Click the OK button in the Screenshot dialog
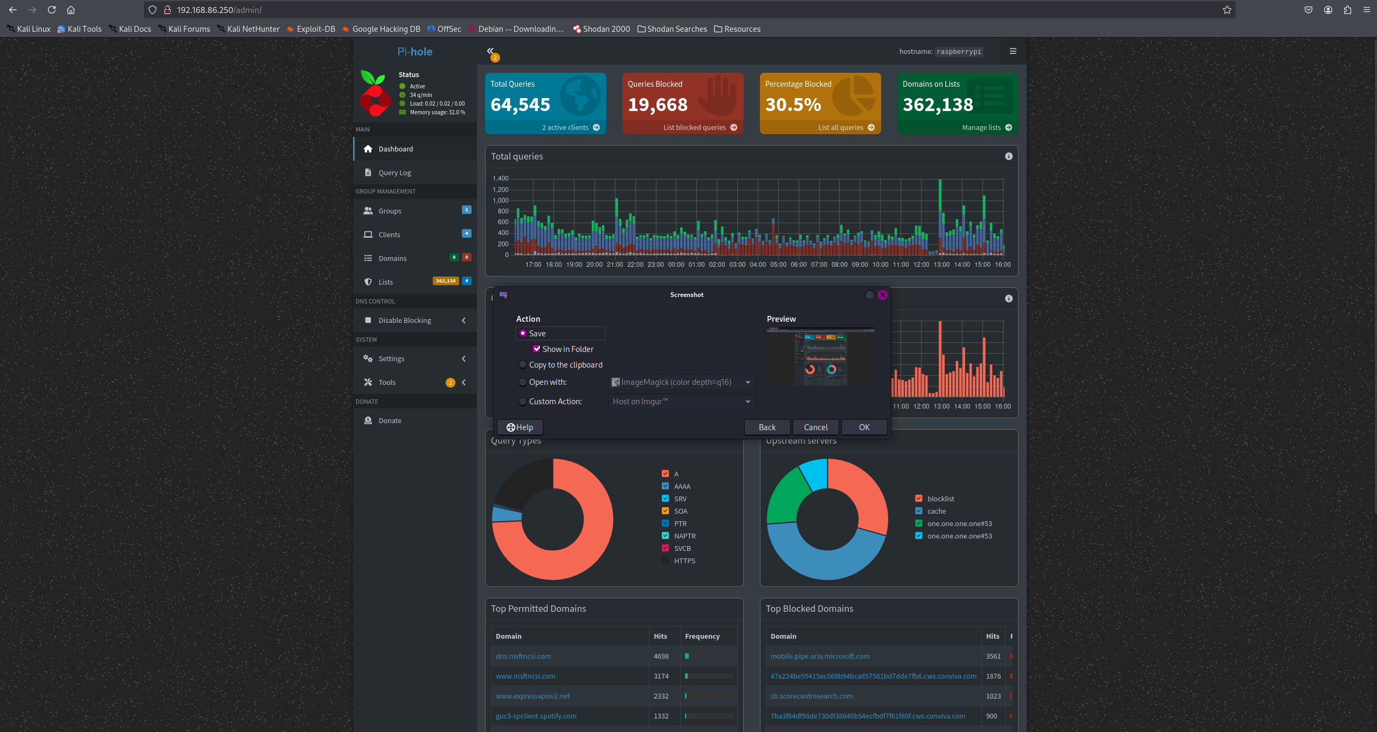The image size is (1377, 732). (864, 427)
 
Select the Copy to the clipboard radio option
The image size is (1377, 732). (522, 365)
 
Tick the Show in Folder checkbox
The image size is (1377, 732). (536, 349)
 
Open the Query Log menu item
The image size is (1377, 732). (395, 172)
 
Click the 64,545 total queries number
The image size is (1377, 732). (520, 105)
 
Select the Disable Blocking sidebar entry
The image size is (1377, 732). (404, 320)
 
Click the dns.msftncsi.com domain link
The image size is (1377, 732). (523, 656)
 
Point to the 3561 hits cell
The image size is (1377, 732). (993, 656)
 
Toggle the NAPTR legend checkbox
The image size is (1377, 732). (665, 536)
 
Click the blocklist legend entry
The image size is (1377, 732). (940, 499)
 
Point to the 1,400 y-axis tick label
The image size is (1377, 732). (500, 178)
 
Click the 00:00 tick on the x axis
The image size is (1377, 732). (676, 265)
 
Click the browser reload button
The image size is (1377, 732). (52, 10)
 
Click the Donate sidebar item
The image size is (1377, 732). (390, 420)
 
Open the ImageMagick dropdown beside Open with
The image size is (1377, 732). (682, 382)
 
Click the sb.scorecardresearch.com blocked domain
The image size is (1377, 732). (811, 696)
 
